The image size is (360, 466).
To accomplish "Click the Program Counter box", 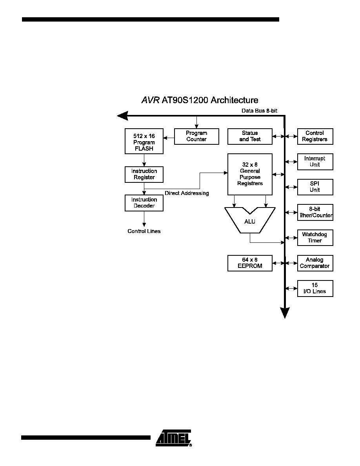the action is [196, 137].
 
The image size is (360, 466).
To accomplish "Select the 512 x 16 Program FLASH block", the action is [144, 141].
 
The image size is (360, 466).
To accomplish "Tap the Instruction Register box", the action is [144, 175].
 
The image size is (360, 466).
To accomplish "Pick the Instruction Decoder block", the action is [144, 203].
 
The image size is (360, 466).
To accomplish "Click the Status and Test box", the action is [250, 137].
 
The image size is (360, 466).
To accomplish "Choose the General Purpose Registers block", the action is [250, 174].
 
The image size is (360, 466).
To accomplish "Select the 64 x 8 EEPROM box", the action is [250, 263].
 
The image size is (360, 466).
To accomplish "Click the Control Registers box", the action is [315, 137].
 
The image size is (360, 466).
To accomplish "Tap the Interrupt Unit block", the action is [315, 162].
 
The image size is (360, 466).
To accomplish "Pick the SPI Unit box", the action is [315, 187].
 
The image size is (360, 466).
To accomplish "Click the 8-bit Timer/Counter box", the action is [315, 212].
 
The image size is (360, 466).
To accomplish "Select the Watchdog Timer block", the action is [315, 238].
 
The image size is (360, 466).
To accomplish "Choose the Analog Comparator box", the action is [315, 263].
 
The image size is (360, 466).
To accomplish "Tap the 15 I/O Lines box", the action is [315, 288].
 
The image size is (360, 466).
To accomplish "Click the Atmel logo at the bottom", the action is [174, 438].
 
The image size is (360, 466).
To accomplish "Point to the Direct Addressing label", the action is [187, 193].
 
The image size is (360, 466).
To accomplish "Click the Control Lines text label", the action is [144, 231].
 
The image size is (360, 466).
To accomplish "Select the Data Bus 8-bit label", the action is [259, 111].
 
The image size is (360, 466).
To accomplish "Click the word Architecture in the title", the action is [235, 100].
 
